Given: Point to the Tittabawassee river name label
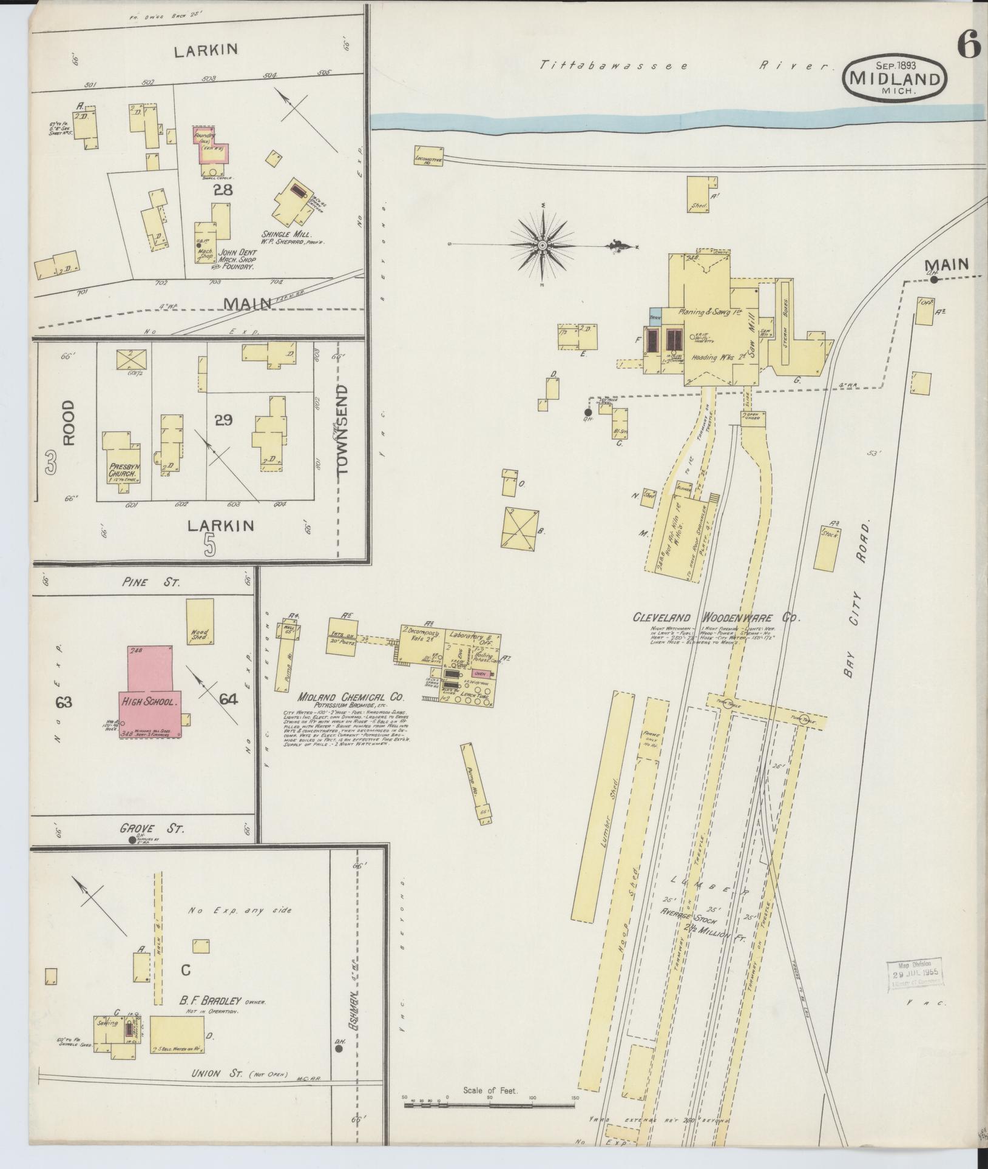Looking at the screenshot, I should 613,65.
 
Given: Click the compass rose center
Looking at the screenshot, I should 542,245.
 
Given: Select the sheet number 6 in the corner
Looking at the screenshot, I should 969,44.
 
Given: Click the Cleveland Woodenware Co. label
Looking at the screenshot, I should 716,618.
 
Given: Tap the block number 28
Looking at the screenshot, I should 223,190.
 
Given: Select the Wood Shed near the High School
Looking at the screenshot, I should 200,621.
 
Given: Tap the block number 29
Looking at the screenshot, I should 223,419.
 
